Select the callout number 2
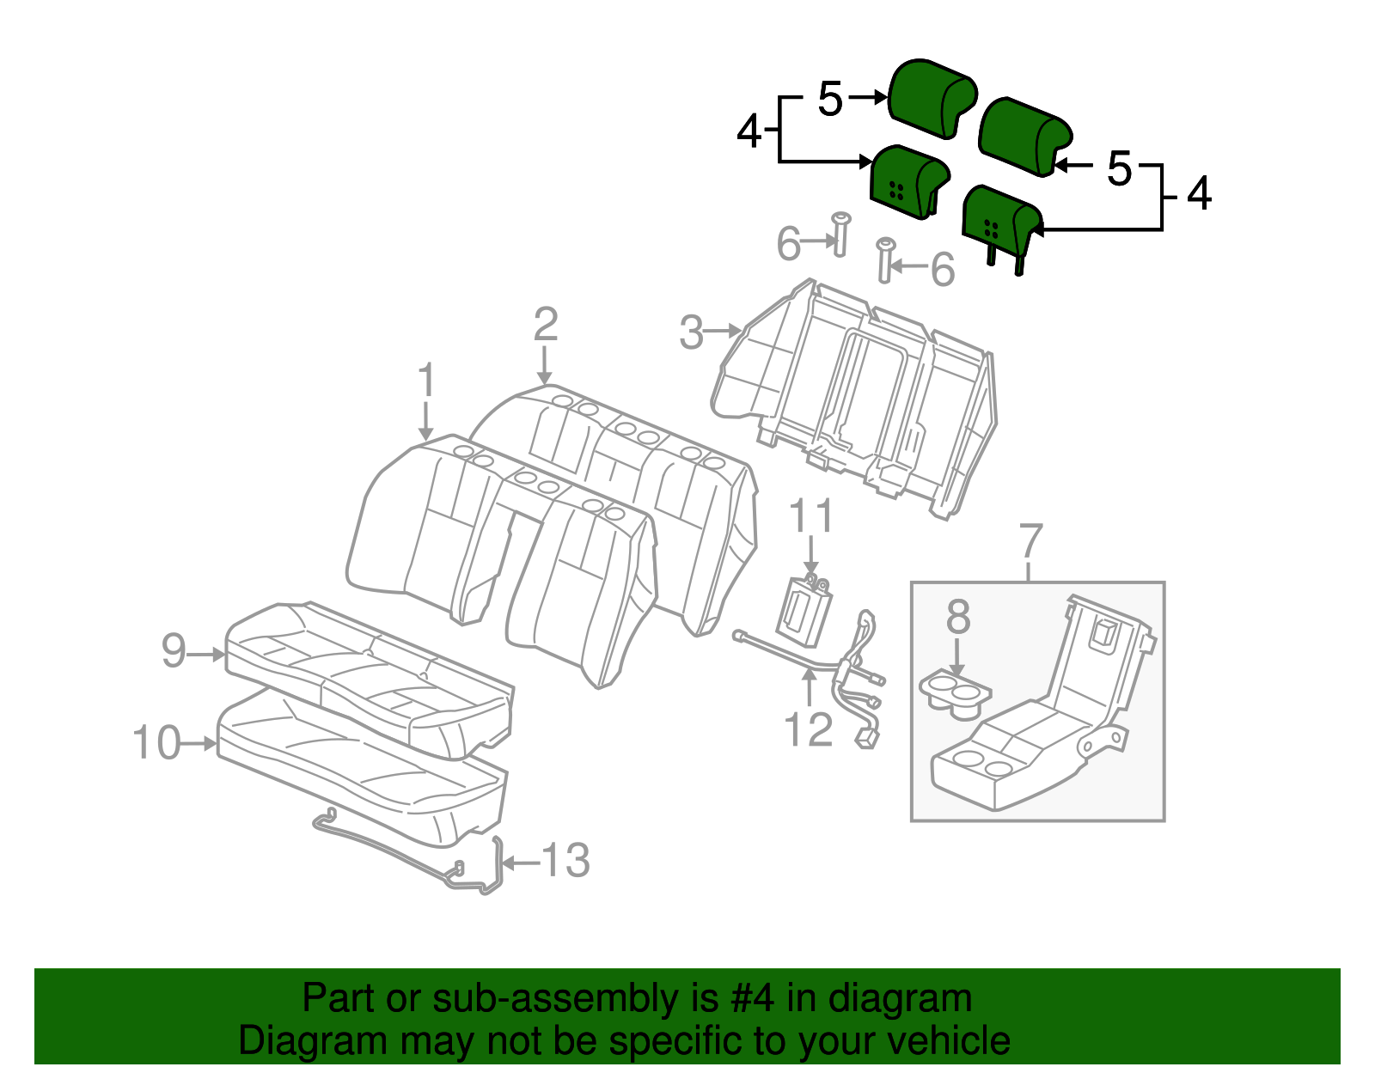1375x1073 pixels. [x=545, y=326]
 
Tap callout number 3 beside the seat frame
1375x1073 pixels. [x=691, y=332]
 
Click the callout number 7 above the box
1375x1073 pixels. [x=1030, y=542]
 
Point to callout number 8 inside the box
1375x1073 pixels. [x=957, y=618]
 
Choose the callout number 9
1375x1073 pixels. [x=174, y=651]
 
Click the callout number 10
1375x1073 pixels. [x=156, y=742]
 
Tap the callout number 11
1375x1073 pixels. [x=810, y=517]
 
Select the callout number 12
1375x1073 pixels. [x=808, y=730]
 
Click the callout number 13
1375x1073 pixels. [x=565, y=861]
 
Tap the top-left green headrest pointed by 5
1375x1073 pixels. [x=931, y=97]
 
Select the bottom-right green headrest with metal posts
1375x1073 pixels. [x=1000, y=220]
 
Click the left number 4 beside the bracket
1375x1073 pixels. [x=749, y=132]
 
